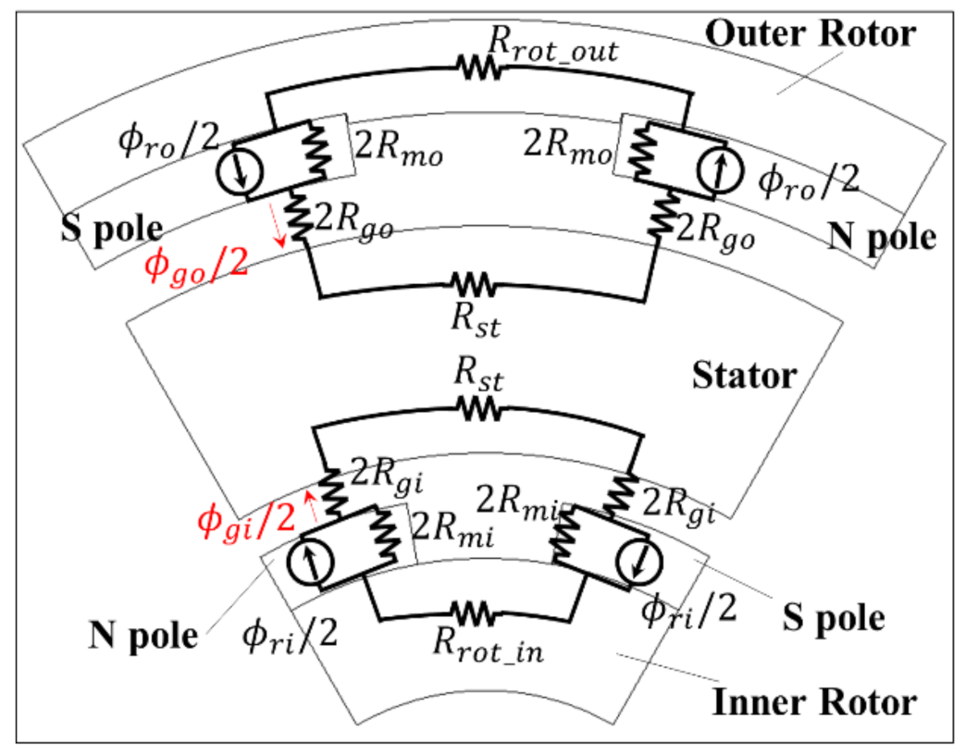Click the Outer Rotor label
pos(810,35)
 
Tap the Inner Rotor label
pos(814,702)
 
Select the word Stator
pos(743,376)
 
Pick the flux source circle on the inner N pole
pos(314,564)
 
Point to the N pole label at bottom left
pos(142,637)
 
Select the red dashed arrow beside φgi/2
pos(313,507)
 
